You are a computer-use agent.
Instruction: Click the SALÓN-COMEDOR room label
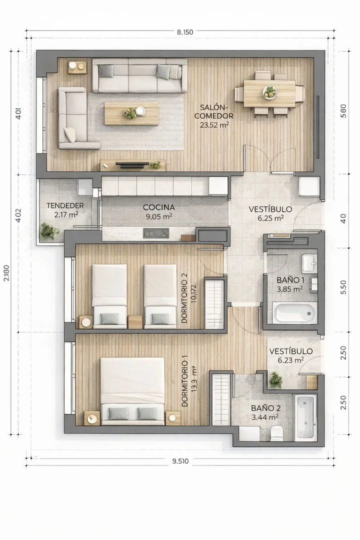(213, 111)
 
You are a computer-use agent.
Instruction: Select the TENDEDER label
(65, 205)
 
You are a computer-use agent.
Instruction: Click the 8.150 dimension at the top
(185, 32)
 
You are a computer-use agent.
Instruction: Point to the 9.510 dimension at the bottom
(180, 461)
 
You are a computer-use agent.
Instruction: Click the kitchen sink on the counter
(156, 233)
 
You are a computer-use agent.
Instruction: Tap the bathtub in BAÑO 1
(295, 313)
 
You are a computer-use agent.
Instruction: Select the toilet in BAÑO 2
(276, 433)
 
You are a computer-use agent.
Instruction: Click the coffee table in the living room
(131, 113)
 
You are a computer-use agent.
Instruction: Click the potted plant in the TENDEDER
(47, 230)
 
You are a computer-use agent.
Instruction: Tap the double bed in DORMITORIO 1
(132, 391)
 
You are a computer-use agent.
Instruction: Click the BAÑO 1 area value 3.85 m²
(289, 289)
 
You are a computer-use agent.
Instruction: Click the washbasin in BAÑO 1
(309, 263)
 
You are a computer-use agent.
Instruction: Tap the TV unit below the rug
(132, 165)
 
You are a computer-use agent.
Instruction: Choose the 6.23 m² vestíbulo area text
(291, 360)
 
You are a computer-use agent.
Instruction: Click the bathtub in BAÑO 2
(305, 417)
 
